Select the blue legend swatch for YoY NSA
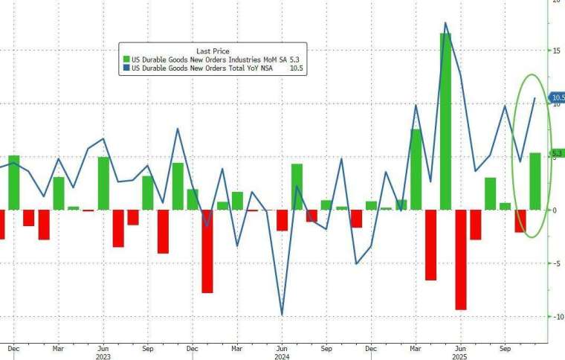126,68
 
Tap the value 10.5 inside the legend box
297,68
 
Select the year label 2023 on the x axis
103,356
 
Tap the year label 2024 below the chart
282,356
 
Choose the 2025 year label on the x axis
460,356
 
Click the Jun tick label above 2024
282,347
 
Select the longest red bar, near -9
461,260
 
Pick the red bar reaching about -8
207,251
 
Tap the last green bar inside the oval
535,181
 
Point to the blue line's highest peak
445,23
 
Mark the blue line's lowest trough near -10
282,315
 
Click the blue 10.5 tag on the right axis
558,97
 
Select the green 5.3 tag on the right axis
558,153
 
